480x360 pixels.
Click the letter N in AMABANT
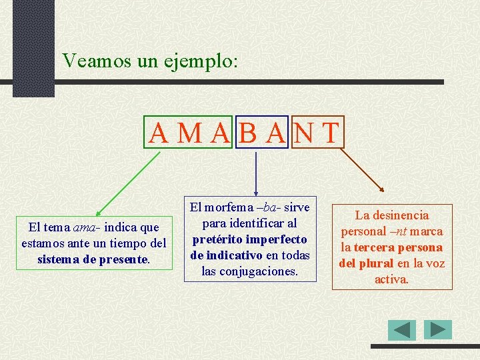pos(303,133)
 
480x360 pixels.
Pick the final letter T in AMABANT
pos(331,133)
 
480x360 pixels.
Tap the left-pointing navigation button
pos(402,330)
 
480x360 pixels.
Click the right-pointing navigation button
pos(438,329)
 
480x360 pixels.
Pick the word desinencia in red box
pos(399,215)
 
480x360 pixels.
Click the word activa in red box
pos(391,279)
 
